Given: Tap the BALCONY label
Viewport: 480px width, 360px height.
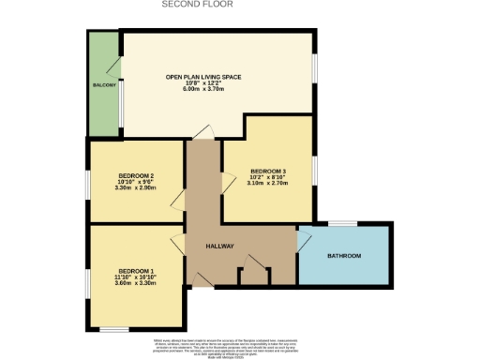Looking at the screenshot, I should point(103,85).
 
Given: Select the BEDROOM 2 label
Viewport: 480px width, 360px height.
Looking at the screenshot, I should point(136,175).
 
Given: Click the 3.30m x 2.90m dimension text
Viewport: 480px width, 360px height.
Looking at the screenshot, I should point(136,187).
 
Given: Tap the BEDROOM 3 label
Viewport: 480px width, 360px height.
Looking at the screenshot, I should point(267,171).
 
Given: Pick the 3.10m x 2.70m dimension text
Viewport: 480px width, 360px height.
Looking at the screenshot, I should point(267,183).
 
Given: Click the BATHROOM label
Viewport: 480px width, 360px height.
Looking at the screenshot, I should point(343,255).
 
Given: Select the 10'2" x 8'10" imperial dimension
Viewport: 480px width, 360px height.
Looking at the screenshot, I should point(267,177).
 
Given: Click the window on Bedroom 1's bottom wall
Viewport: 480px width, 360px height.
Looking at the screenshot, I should point(114,329).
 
